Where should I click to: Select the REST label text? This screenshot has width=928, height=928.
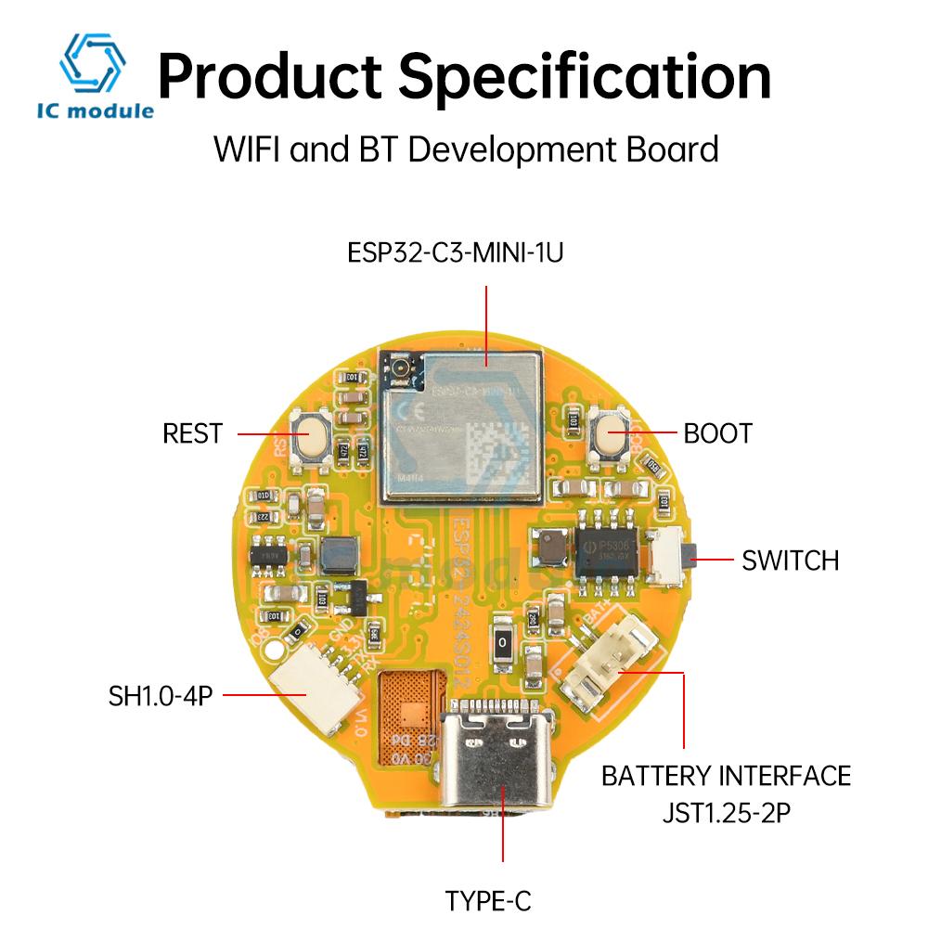(x=192, y=433)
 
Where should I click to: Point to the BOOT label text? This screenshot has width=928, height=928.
(x=717, y=433)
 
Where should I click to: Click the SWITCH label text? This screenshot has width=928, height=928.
(x=790, y=561)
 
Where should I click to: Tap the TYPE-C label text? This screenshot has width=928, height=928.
(x=488, y=899)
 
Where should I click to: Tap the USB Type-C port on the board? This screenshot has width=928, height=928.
(x=501, y=752)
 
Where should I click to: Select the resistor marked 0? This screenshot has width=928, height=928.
(x=502, y=641)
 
